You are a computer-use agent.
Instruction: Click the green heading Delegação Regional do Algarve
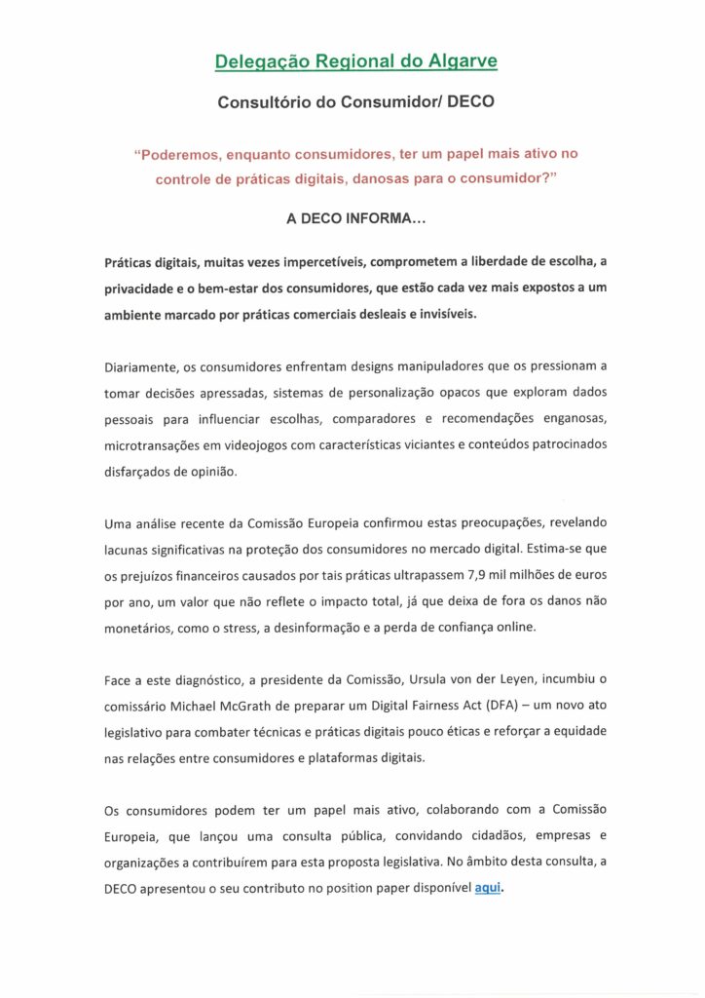point(355,61)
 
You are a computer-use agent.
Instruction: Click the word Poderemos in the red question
point(184,154)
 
